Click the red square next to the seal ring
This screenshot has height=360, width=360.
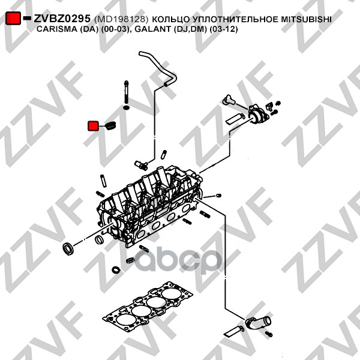[94, 125]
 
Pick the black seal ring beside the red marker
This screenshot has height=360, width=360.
[109, 126]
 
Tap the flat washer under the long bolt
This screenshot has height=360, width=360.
[127, 109]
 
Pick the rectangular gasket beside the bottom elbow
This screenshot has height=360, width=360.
[233, 329]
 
